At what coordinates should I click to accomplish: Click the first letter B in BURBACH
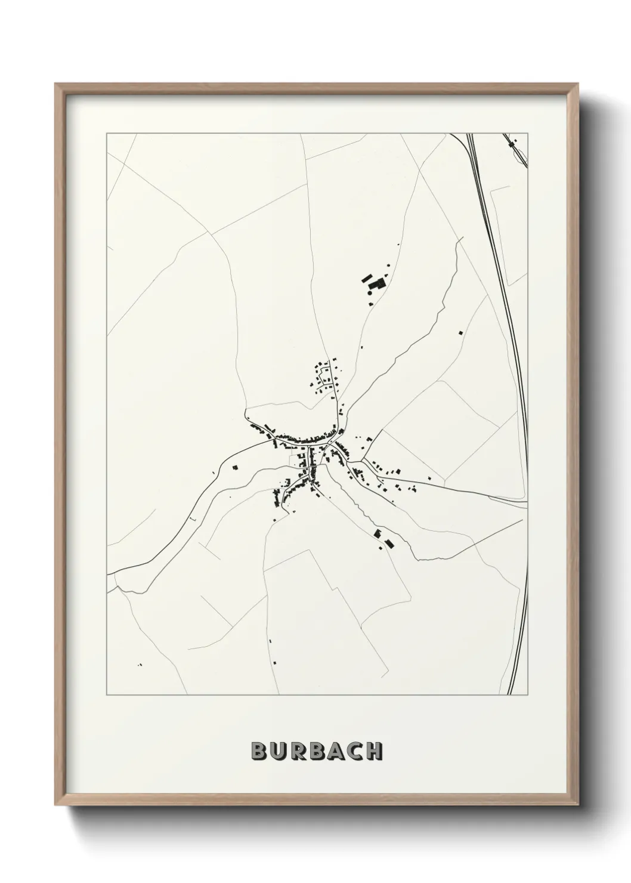tap(259, 751)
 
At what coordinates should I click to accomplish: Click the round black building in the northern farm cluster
tap(370, 292)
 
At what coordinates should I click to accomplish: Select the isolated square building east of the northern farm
tap(460, 332)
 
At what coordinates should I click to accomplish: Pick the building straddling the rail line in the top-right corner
tap(511, 143)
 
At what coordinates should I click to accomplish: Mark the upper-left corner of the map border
tap(107, 134)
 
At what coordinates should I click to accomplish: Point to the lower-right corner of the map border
tap(528, 695)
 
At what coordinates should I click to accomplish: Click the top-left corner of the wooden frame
tap(55, 84)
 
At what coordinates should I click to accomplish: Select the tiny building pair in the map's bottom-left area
tap(140, 664)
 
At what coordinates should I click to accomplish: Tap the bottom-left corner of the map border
tap(107, 695)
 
